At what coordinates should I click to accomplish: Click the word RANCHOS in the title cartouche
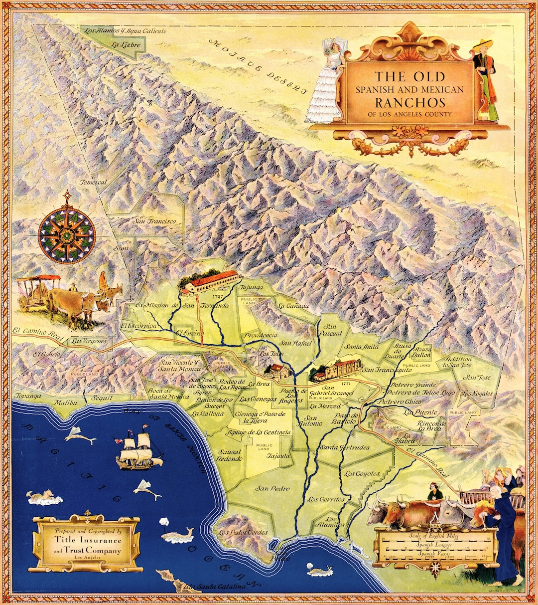tap(410, 102)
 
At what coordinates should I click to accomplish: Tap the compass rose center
tap(67, 233)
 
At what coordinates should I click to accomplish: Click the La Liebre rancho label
tap(127, 45)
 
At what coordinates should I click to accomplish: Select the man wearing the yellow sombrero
tap(486, 80)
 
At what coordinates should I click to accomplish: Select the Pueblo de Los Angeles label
tap(291, 396)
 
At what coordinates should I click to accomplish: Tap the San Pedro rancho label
tap(269, 488)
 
